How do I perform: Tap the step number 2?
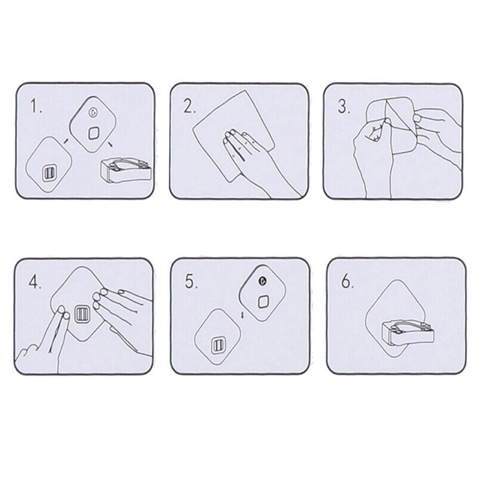(x=189, y=106)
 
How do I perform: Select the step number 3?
(x=343, y=106)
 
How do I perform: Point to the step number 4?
(x=34, y=282)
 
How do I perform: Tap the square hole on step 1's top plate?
(x=94, y=133)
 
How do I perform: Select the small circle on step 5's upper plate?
(x=261, y=281)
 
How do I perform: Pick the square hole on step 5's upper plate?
(x=263, y=301)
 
